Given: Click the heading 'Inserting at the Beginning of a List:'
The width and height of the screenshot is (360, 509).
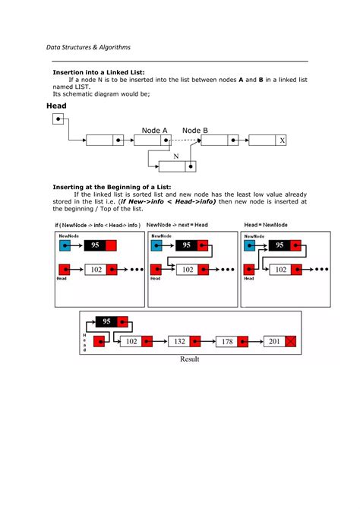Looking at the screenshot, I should [x=112, y=187].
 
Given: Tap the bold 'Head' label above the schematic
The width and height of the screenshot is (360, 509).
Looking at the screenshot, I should [x=57, y=106].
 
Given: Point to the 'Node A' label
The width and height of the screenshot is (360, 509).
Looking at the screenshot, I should [x=155, y=131].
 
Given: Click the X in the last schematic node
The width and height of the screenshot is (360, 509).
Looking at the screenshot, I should [x=282, y=141].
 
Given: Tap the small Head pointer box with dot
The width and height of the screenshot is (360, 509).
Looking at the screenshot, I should [x=59, y=119].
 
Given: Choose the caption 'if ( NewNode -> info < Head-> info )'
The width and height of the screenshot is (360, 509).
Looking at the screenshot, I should [x=97, y=226].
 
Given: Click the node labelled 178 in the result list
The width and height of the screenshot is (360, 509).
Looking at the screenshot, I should [x=226, y=342].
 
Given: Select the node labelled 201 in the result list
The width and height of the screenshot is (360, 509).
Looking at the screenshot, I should [x=274, y=342].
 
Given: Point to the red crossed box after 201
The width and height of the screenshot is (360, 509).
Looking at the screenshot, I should [x=291, y=342].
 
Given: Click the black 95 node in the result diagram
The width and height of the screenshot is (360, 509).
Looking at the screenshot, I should [x=107, y=321].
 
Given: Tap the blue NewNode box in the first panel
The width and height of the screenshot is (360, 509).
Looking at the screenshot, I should [x=63, y=245].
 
